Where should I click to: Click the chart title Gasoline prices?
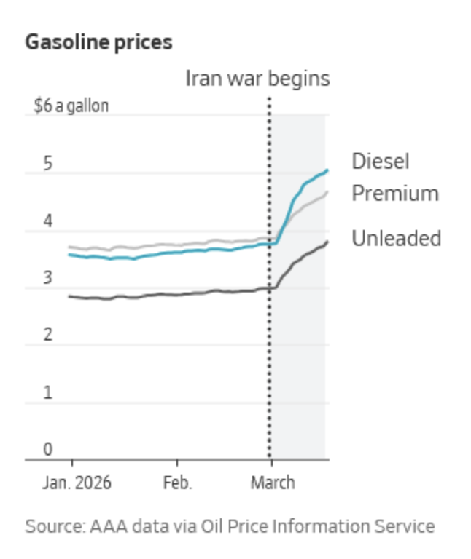point(98,42)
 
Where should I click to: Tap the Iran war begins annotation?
point(257,79)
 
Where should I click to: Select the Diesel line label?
point(381,161)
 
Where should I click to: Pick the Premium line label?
point(395,194)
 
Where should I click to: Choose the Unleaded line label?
point(396,238)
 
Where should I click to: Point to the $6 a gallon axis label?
point(71,106)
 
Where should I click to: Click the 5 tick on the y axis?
point(48,163)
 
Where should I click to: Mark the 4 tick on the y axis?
point(48,221)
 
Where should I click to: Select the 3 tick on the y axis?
point(48,278)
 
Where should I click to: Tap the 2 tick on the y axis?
point(48,335)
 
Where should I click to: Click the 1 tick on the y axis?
point(48,392)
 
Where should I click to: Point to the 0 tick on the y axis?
point(48,449)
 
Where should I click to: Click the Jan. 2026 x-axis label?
point(72,483)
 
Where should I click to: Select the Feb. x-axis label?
point(177,483)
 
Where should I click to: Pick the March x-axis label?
point(273,483)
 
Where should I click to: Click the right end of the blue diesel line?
point(327,170)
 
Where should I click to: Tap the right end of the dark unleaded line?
point(327,242)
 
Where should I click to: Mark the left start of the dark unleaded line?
point(69,296)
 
